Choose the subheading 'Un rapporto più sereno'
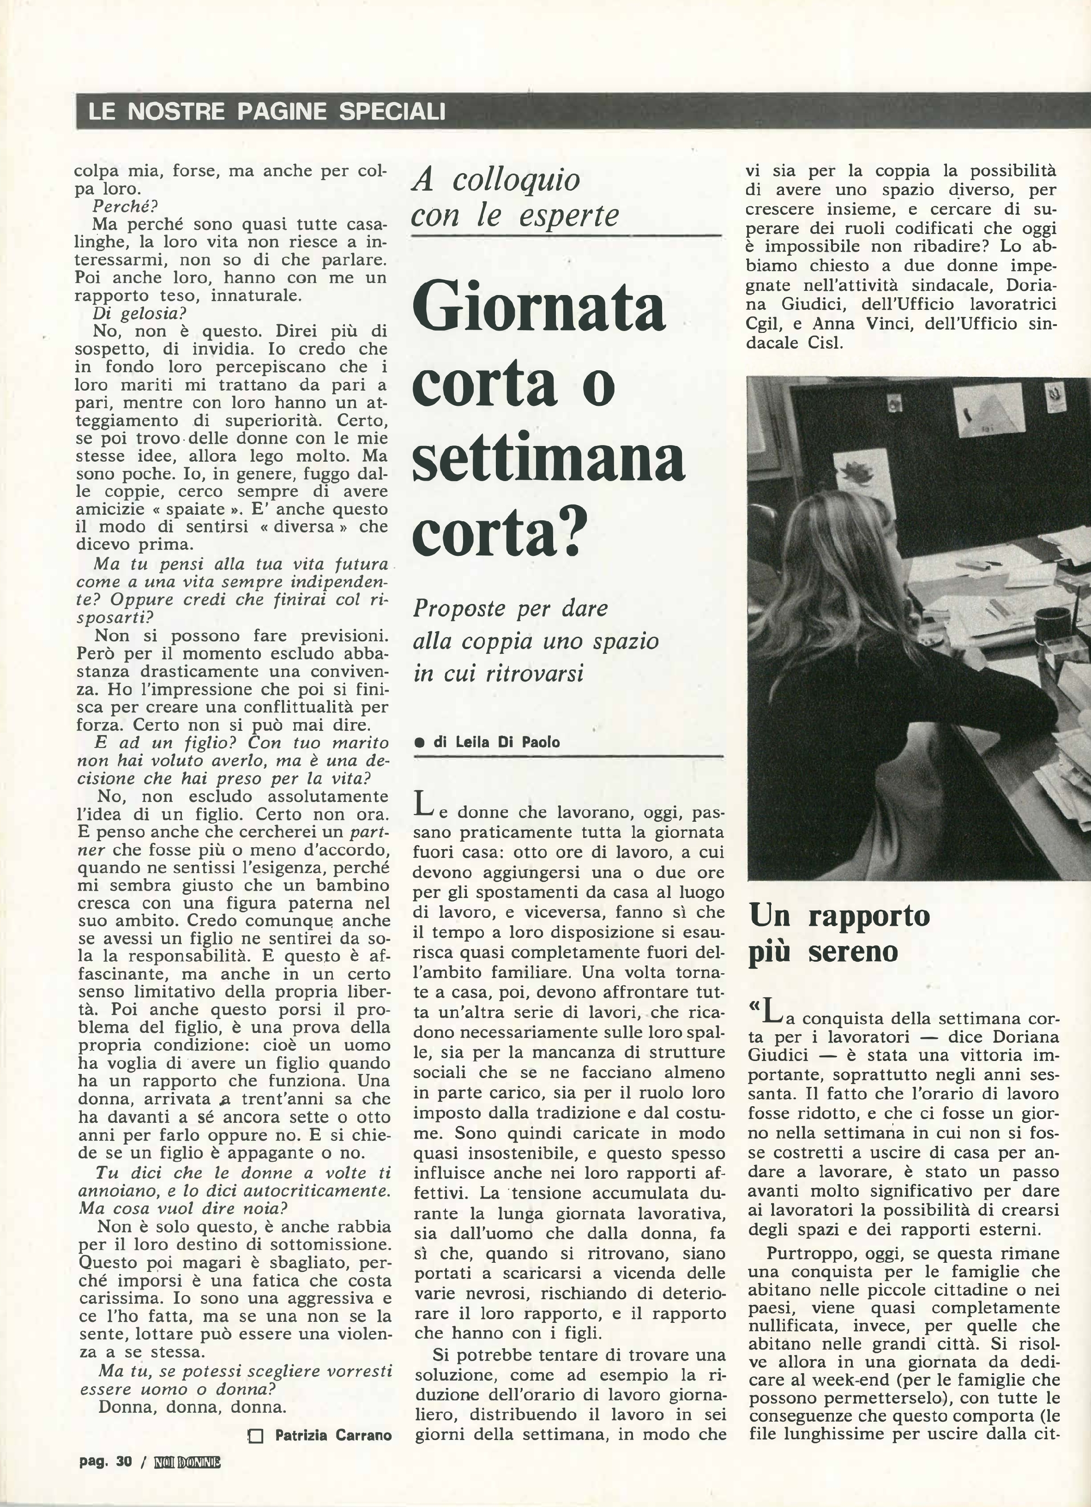(838, 934)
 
